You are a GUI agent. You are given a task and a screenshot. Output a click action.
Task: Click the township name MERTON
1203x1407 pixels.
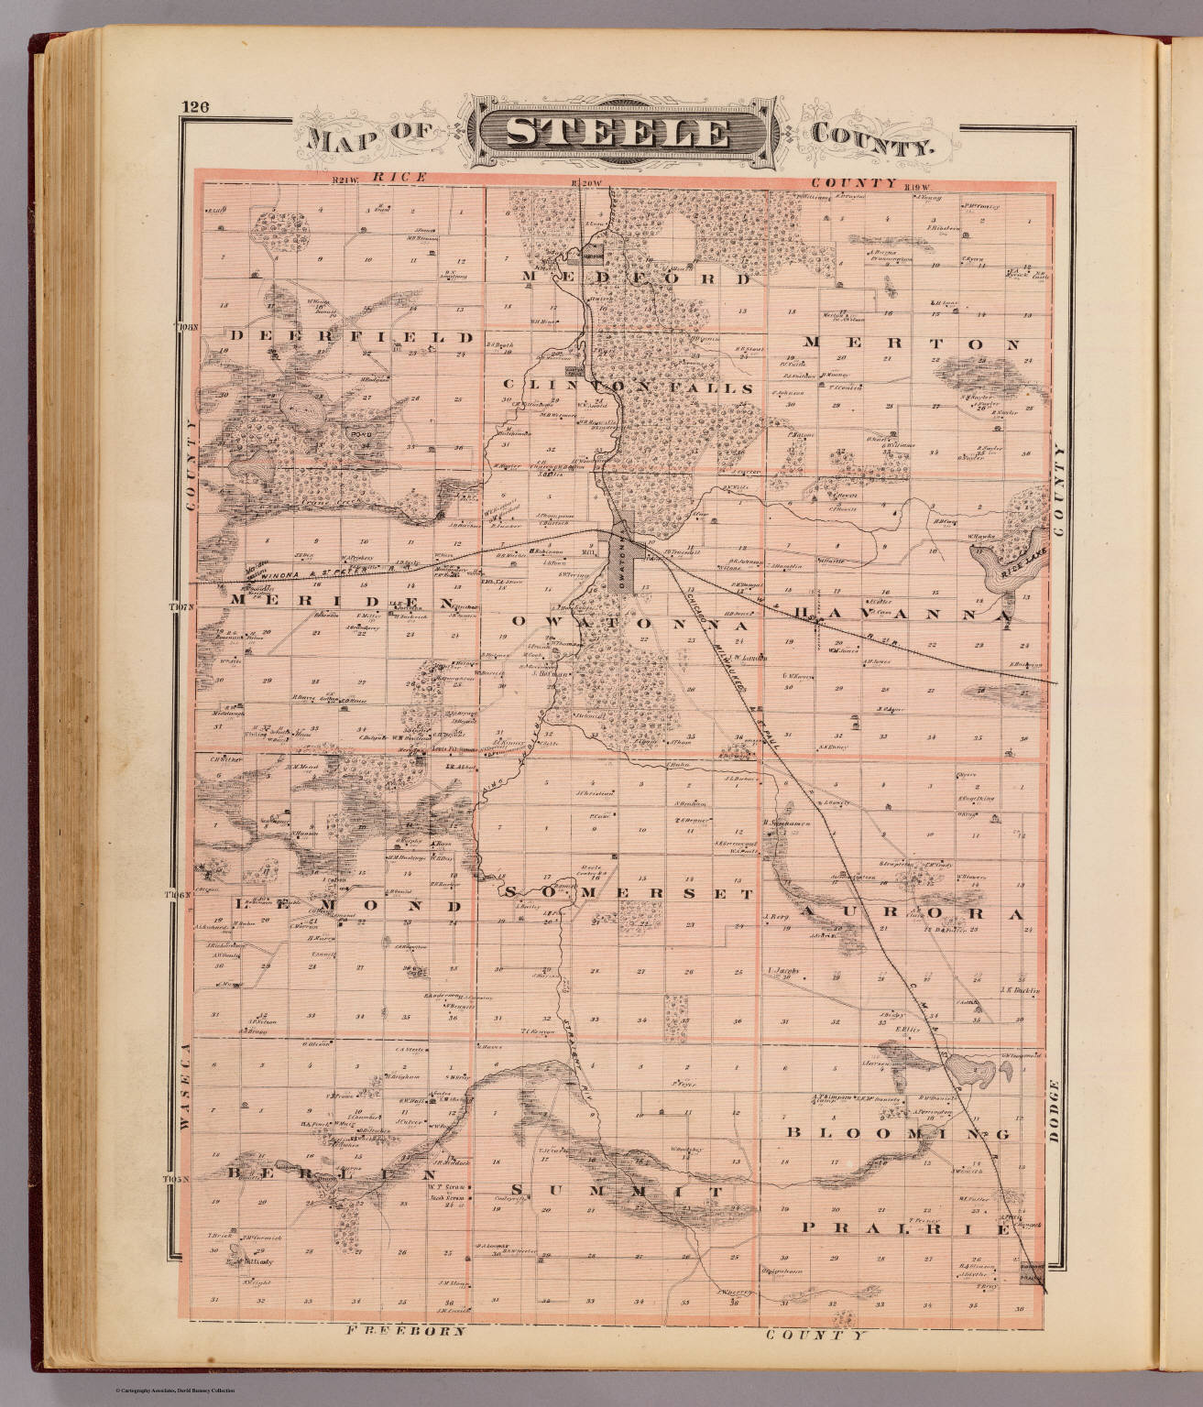click(x=911, y=344)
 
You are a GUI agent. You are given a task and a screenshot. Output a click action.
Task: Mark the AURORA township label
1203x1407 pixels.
click(x=907, y=914)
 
